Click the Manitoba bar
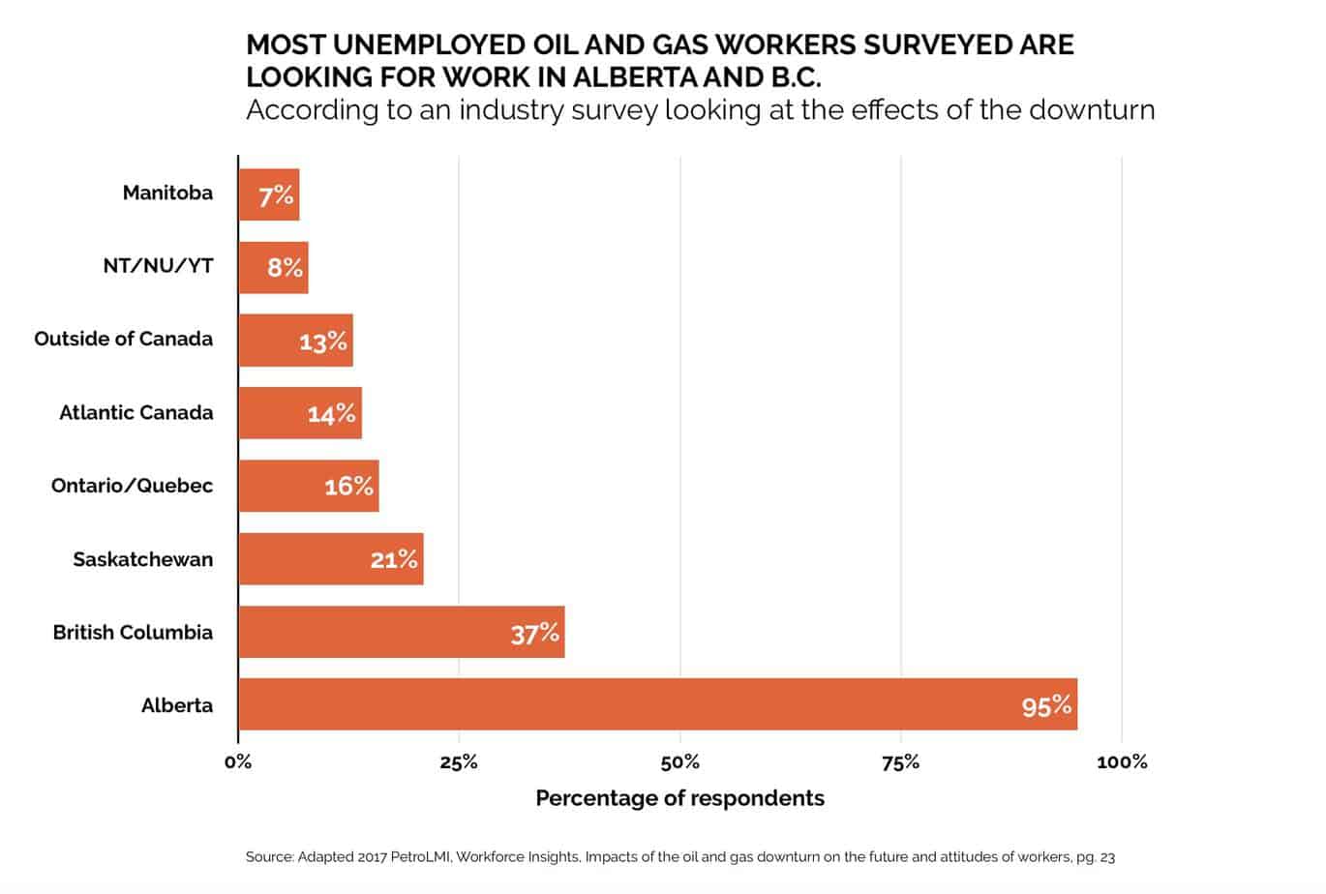pos(269,194)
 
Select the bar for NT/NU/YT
pos(274,267)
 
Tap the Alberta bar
pos(658,704)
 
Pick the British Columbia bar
pos(402,632)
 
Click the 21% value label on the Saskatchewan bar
pos(394,559)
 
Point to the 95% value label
pos(1046,706)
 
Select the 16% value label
pos(349,487)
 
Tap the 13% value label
pos(323,342)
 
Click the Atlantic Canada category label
pos(136,412)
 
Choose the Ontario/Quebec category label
pos(132,486)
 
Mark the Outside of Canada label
pos(124,339)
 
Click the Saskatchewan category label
pos(143,559)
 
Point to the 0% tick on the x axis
pos(238,762)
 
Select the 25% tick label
pos(459,762)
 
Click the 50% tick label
pos(680,762)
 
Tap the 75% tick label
pos(901,762)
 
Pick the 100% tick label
pos(1123,762)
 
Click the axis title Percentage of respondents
pos(680,798)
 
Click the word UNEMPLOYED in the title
pos(429,45)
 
